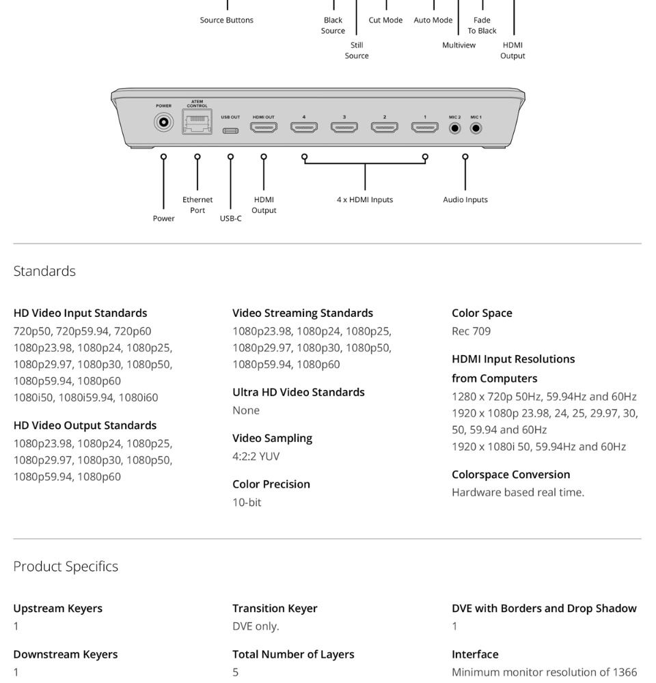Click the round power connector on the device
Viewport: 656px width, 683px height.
click(x=163, y=124)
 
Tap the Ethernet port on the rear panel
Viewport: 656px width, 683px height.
click(x=197, y=124)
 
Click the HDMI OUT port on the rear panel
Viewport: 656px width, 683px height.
click(x=264, y=127)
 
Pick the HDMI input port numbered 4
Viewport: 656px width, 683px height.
click(x=304, y=127)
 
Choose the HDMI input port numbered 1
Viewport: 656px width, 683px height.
click(x=424, y=127)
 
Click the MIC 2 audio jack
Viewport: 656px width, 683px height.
click(x=455, y=128)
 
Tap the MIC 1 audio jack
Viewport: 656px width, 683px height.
click(x=476, y=128)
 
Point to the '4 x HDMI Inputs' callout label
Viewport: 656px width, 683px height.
click(x=365, y=199)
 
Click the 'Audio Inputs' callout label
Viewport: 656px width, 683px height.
click(x=465, y=199)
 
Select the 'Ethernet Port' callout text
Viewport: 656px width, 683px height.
click(x=197, y=205)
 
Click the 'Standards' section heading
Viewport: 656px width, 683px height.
click(x=44, y=271)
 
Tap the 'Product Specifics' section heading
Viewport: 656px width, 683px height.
click(x=66, y=566)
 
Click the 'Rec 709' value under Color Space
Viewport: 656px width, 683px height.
click(x=471, y=331)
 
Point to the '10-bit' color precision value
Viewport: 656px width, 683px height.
click(x=247, y=502)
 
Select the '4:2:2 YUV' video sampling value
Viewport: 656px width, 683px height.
click(x=256, y=456)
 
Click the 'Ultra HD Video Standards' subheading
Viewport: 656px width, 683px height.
click(x=299, y=392)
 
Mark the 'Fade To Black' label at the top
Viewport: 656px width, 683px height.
click(x=482, y=25)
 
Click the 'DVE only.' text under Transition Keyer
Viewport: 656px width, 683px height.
click(x=256, y=626)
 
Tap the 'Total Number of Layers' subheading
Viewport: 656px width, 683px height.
click(x=293, y=654)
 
